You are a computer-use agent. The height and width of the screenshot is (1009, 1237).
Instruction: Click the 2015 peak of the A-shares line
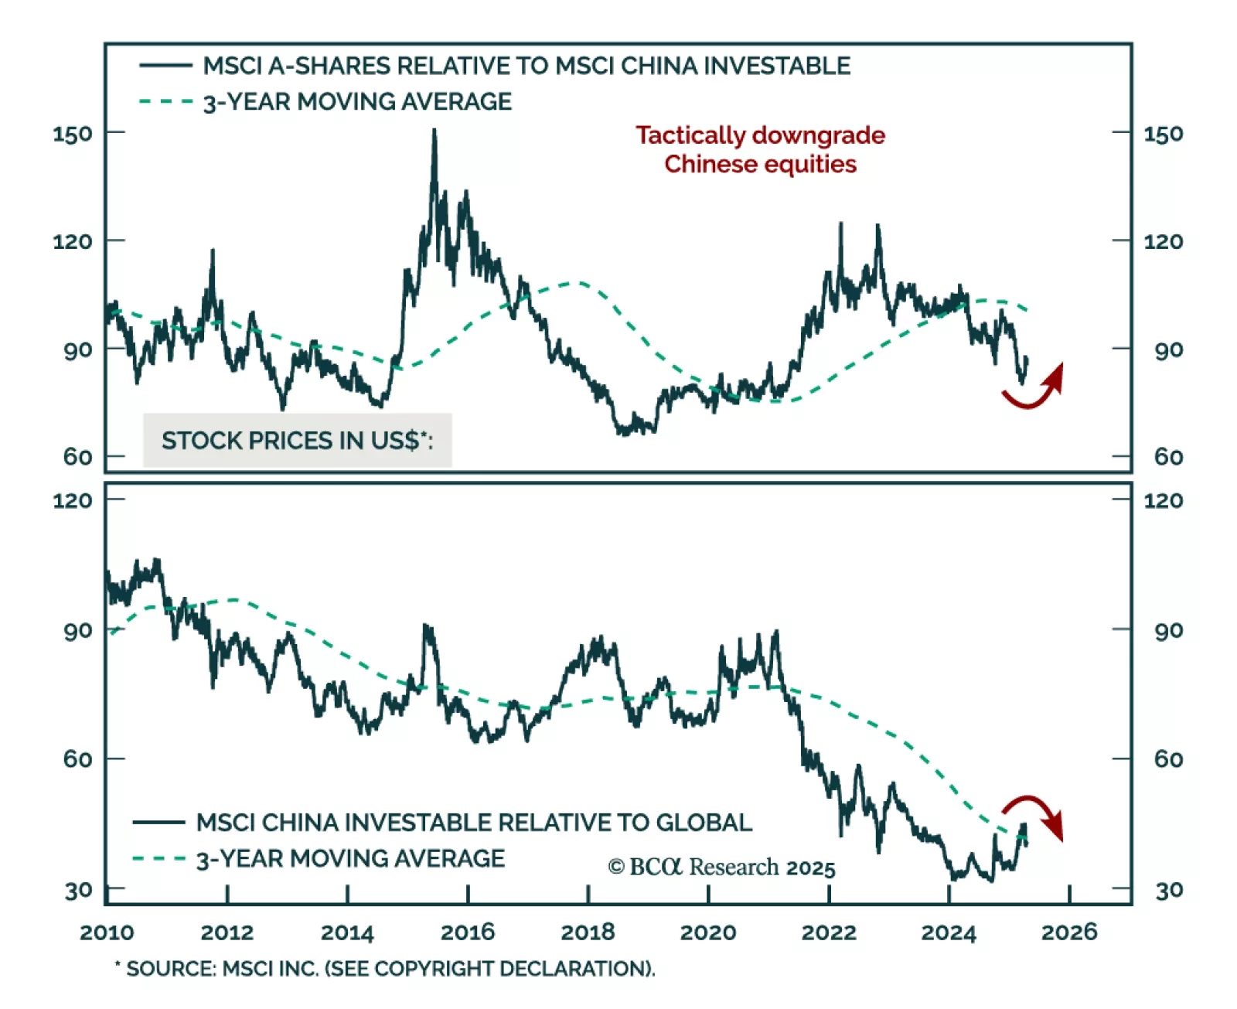[434, 131]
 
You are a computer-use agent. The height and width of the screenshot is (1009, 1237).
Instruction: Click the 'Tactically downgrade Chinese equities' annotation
[760, 149]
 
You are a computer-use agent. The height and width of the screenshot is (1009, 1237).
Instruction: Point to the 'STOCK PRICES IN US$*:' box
[297, 441]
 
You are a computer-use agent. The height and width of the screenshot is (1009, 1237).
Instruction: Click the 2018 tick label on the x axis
[588, 932]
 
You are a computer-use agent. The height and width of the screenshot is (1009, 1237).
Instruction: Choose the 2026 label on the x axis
[1068, 932]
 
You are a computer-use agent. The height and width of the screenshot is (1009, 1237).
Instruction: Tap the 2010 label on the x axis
[107, 932]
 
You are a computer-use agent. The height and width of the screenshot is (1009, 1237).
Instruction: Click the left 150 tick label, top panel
[72, 134]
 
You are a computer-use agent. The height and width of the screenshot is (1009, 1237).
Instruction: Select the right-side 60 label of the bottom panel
[1168, 759]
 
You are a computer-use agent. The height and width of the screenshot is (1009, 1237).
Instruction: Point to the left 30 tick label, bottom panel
[78, 891]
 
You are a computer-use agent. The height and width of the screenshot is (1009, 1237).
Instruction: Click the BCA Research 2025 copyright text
[721, 868]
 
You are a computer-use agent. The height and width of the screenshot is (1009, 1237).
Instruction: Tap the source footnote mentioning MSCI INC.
[385, 969]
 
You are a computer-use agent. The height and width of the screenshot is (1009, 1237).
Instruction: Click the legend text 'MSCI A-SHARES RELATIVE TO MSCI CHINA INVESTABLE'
[526, 66]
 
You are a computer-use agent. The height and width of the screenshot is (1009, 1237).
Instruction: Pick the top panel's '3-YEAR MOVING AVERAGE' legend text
[357, 102]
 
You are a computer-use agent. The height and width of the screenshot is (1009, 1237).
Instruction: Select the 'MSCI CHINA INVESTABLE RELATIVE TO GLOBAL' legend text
[474, 823]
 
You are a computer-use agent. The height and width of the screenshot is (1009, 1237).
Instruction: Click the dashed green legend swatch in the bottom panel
[159, 858]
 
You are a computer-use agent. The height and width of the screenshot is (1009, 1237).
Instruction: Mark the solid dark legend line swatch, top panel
[165, 66]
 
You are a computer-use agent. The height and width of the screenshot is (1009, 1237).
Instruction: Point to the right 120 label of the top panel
[1163, 242]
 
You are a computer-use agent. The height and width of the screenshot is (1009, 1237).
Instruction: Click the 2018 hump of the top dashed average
[576, 283]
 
